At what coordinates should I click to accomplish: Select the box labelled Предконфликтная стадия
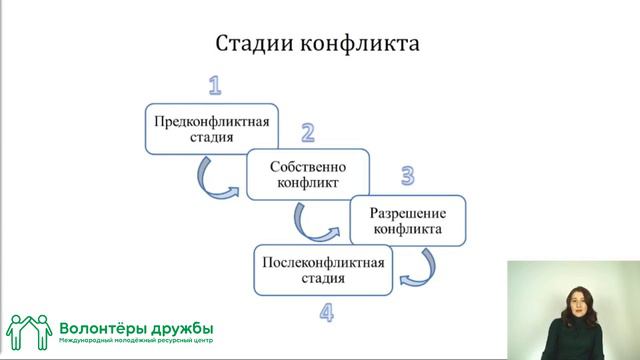pos(211,129)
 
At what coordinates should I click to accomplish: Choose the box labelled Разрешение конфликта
pos(408,221)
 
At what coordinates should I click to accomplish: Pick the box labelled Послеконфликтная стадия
pos(323,269)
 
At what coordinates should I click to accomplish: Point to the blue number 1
pos(215,85)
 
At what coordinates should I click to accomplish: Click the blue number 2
pos(308,132)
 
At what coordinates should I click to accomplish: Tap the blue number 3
pos(407,177)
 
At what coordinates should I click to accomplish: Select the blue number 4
pos(327,313)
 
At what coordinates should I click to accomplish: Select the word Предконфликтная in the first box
pos(212,122)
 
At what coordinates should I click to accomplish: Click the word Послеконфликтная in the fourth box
pos(323,262)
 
